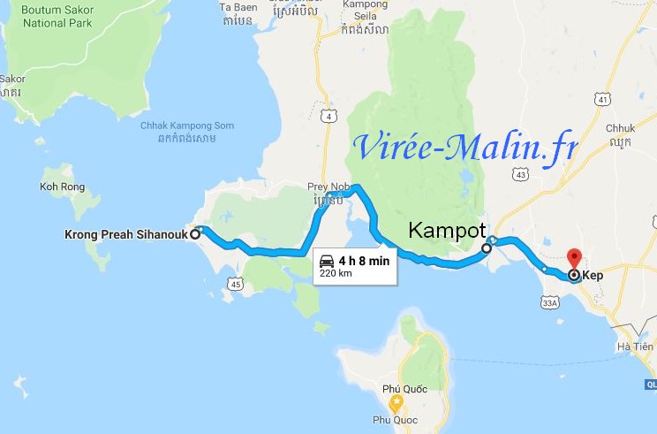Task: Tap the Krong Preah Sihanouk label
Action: click(x=126, y=235)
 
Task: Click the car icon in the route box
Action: click(x=327, y=261)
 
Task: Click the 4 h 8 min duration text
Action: click(x=364, y=261)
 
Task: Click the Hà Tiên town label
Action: click(x=636, y=346)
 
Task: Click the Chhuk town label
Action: click(x=619, y=129)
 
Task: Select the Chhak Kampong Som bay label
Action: click(x=187, y=126)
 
